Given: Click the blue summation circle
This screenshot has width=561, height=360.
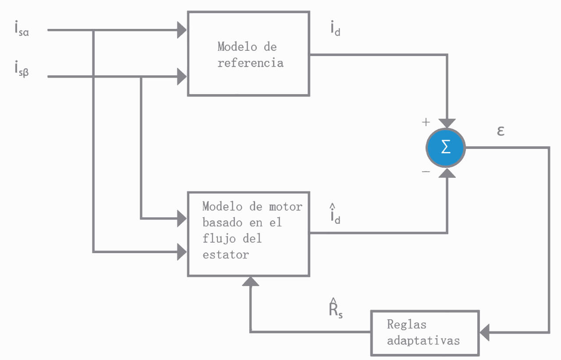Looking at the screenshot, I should tap(446, 148).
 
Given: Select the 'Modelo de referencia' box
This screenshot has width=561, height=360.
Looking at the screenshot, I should tap(249, 53).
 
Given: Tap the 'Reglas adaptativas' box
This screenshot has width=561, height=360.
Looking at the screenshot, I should tap(425, 332).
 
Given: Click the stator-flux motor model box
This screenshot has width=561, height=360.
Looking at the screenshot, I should tap(249, 233).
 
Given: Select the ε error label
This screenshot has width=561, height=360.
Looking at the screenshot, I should tap(501, 131).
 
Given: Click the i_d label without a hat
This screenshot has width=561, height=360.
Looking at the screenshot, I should tap(335, 28).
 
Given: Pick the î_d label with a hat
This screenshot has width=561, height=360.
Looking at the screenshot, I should tap(335, 215).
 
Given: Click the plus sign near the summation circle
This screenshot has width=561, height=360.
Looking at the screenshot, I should tap(426, 122).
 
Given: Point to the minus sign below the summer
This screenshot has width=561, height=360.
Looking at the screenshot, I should tap(426, 172).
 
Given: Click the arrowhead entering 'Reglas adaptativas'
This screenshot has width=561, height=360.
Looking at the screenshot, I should tap(485, 332).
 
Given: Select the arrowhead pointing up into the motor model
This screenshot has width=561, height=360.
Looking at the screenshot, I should tap(251, 281).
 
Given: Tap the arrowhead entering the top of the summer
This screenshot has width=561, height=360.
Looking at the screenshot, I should tap(447, 124).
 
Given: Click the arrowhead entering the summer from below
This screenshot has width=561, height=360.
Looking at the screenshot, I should tap(447, 173).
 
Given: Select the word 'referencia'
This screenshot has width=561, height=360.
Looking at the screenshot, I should tap(250, 63).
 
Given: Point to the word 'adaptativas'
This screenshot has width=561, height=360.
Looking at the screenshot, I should tap(423, 340).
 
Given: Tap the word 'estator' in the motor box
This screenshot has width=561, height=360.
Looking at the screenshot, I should tap(225, 254).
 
